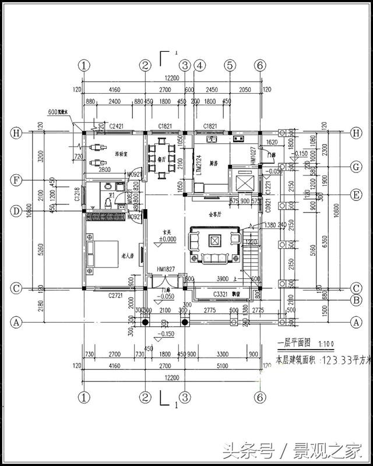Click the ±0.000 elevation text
pyautogui.click(x=167, y=239)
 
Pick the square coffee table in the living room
pyautogui.click(x=215, y=240)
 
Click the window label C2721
pyautogui.click(x=116, y=296)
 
